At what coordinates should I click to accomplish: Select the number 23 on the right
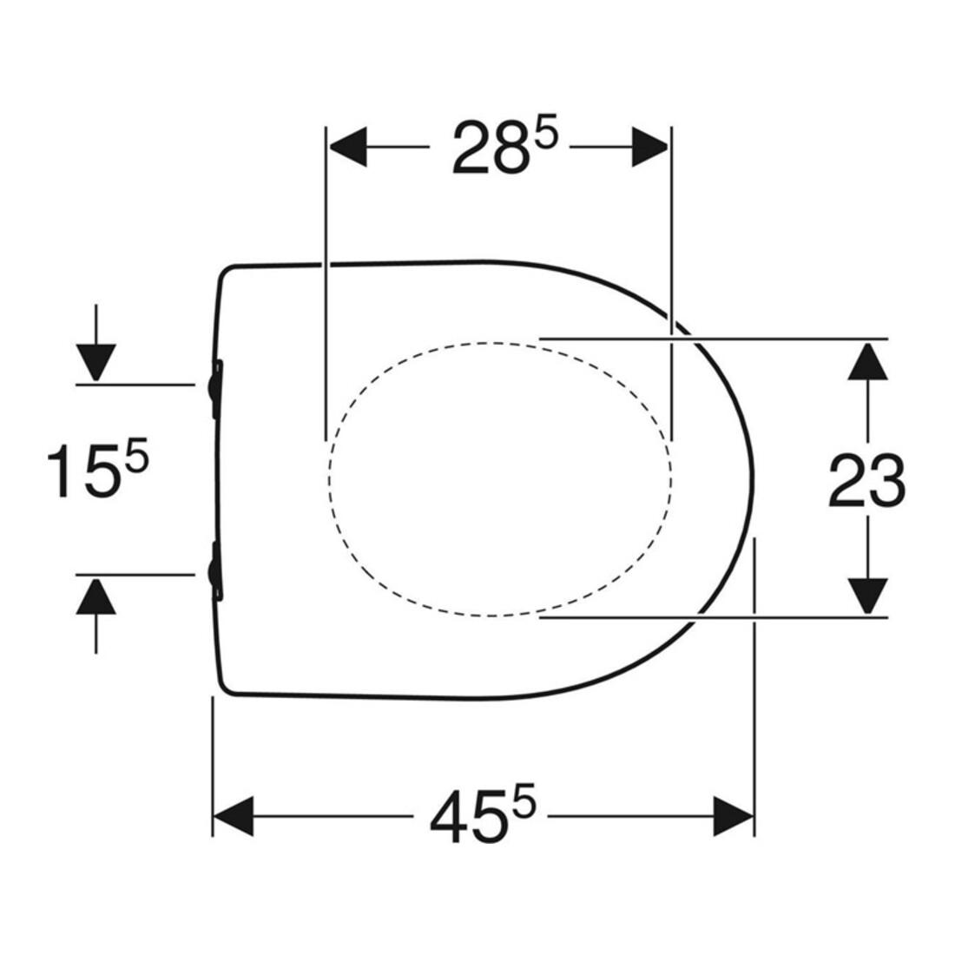click(x=866, y=480)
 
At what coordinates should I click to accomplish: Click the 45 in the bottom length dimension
click(x=467, y=815)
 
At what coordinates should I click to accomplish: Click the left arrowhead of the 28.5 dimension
click(x=348, y=148)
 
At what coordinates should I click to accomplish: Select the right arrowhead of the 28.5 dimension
click(x=650, y=148)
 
